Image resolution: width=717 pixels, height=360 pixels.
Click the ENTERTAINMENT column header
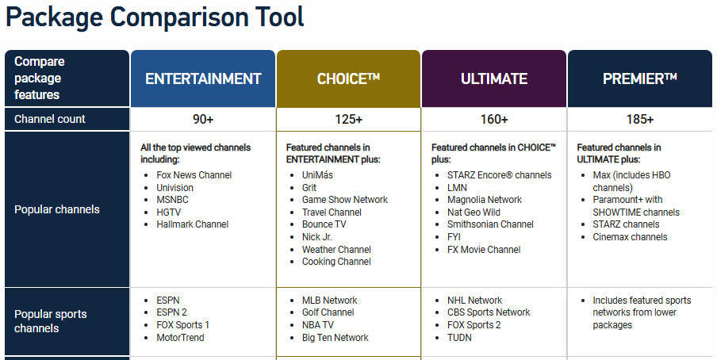(x=203, y=79)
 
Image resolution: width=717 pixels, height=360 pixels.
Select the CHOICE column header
(x=348, y=79)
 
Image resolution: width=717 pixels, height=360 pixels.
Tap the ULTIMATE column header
(x=494, y=79)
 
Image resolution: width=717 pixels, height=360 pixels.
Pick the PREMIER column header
(x=640, y=79)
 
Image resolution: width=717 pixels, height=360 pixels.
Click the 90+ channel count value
(x=203, y=120)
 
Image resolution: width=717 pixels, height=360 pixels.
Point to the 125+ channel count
(x=348, y=120)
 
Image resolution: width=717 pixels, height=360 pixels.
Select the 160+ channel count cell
(x=494, y=120)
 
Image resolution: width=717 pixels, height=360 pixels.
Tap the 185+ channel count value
(x=640, y=120)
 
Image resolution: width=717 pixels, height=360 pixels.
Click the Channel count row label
(x=50, y=119)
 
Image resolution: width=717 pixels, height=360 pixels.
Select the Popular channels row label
(x=56, y=209)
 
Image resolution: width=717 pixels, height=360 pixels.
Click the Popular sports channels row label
(x=50, y=321)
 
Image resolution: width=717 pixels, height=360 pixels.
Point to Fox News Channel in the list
(x=194, y=175)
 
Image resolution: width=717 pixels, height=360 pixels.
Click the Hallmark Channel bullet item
(x=193, y=224)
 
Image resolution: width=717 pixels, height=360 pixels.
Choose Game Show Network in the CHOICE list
(x=345, y=200)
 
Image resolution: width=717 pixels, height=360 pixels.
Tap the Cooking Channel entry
(x=336, y=262)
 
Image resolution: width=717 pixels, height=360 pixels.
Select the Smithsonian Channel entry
(x=490, y=224)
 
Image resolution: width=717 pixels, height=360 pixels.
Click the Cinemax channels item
(x=630, y=237)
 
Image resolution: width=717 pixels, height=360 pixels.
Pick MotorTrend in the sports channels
(x=180, y=338)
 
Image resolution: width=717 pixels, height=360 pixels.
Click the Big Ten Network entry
(x=335, y=338)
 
